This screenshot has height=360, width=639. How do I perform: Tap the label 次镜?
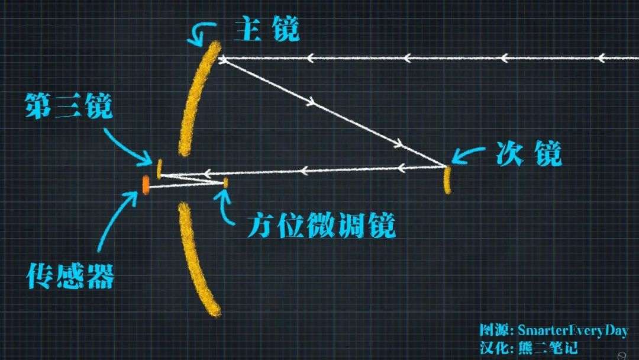click(528, 155)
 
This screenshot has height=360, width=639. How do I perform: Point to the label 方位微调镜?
click(321, 226)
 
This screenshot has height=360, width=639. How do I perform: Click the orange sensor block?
click(145, 185)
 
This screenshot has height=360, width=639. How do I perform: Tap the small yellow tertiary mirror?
click(159, 168)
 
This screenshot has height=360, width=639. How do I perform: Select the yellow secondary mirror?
click(448, 180)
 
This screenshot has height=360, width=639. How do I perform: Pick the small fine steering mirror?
click(225, 183)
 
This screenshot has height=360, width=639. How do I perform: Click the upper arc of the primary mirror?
click(198, 101)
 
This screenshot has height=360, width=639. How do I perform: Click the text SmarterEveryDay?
click(572, 330)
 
